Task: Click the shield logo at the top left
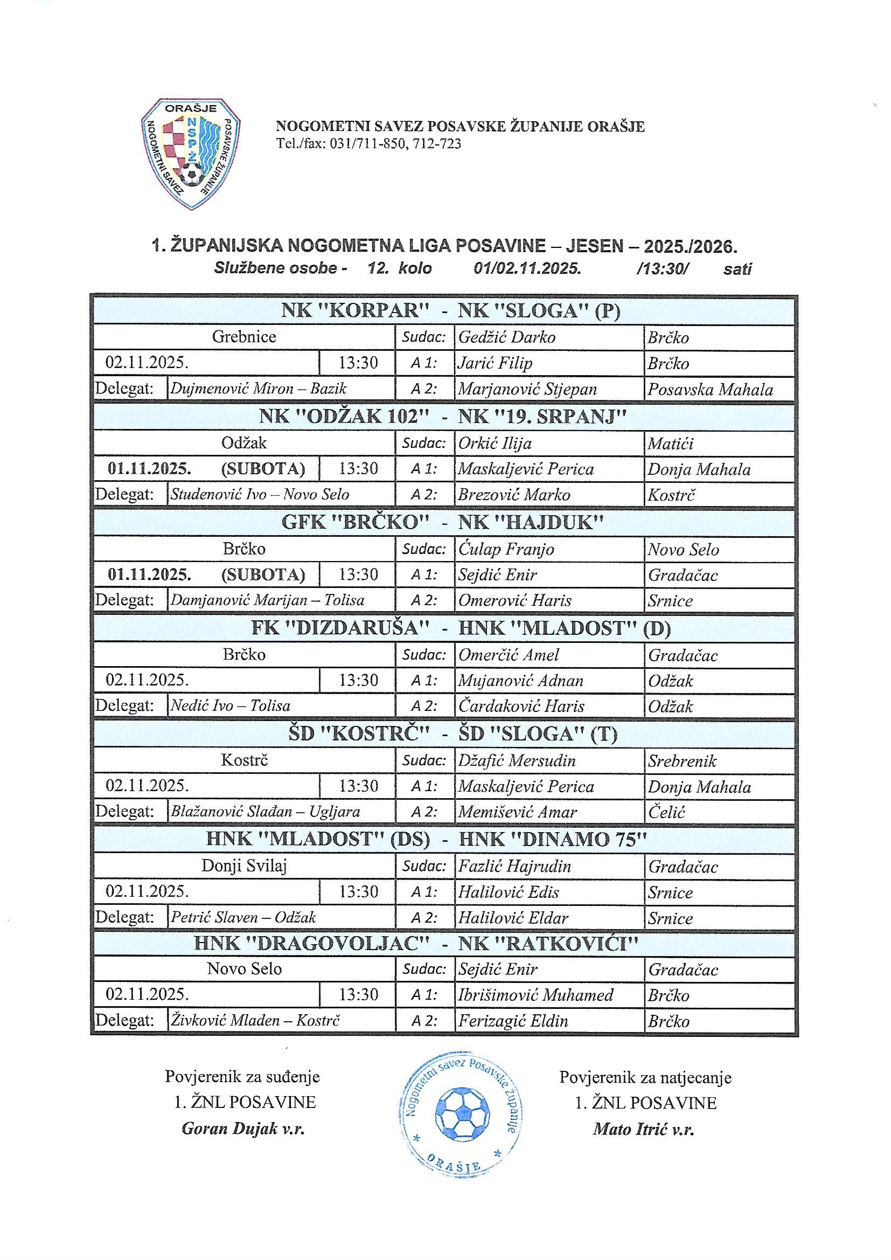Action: (x=190, y=154)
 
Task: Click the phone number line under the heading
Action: (x=368, y=144)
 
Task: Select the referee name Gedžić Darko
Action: (x=507, y=337)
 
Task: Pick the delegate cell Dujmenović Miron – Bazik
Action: (x=259, y=389)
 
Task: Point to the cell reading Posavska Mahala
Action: (x=710, y=390)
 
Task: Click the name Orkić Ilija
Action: (x=495, y=443)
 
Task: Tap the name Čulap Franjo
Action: (x=506, y=549)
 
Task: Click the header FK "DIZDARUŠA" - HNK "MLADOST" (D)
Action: (x=461, y=628)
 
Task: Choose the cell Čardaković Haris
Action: (x=521, y=707)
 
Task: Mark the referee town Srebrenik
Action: (x=682, y=761)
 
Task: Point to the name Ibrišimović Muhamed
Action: (x=535, y=995)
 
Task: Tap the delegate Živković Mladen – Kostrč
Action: (x=255, y=1021)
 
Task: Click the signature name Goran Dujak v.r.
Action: (x=242, y=1129)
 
